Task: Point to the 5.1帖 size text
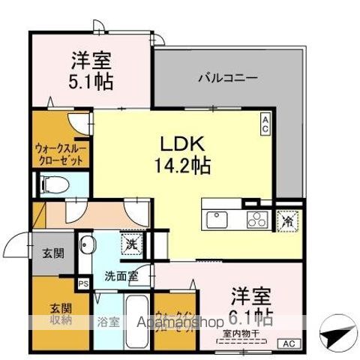(x=92, y=80)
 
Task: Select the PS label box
(x=82, y=283)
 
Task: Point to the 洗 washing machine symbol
(x=131, y=243)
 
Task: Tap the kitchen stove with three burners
(x=256, y=220)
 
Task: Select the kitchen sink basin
(x=217, y=220)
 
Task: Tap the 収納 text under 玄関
(x=60, y=320)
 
